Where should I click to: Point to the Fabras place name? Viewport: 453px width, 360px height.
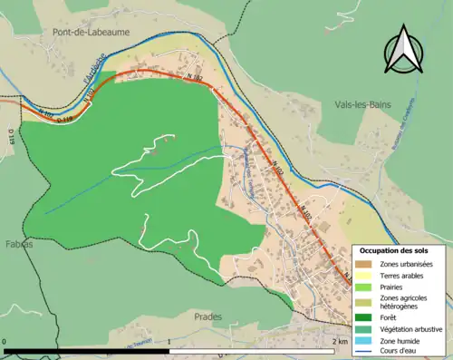click(16, 244)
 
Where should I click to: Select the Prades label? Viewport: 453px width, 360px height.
click(207, 316)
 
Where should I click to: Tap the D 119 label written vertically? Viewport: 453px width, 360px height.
click(12, 136)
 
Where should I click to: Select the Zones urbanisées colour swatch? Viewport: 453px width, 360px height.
click(361, 264)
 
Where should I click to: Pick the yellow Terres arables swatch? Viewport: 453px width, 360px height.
click(361, 276)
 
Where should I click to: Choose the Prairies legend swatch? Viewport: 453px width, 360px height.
click(361, 287)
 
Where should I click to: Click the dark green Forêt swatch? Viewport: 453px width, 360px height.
click(361, 316)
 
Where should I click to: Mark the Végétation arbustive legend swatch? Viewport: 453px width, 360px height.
click(361, 328)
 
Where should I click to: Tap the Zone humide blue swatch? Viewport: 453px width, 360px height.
click(361, 340)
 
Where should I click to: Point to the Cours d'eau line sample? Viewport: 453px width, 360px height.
click(361, 352)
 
